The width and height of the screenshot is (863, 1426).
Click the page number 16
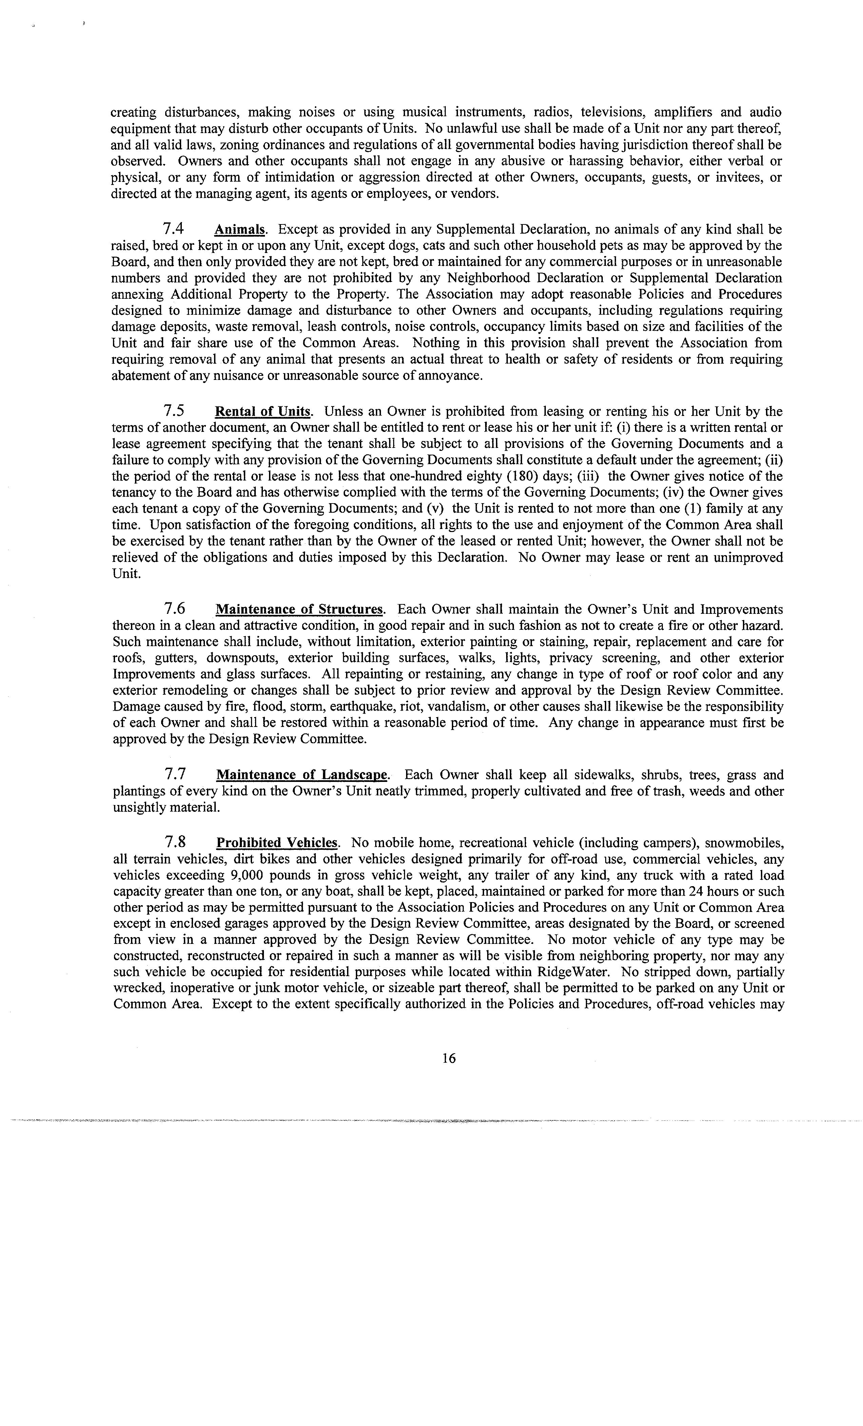449,1058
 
